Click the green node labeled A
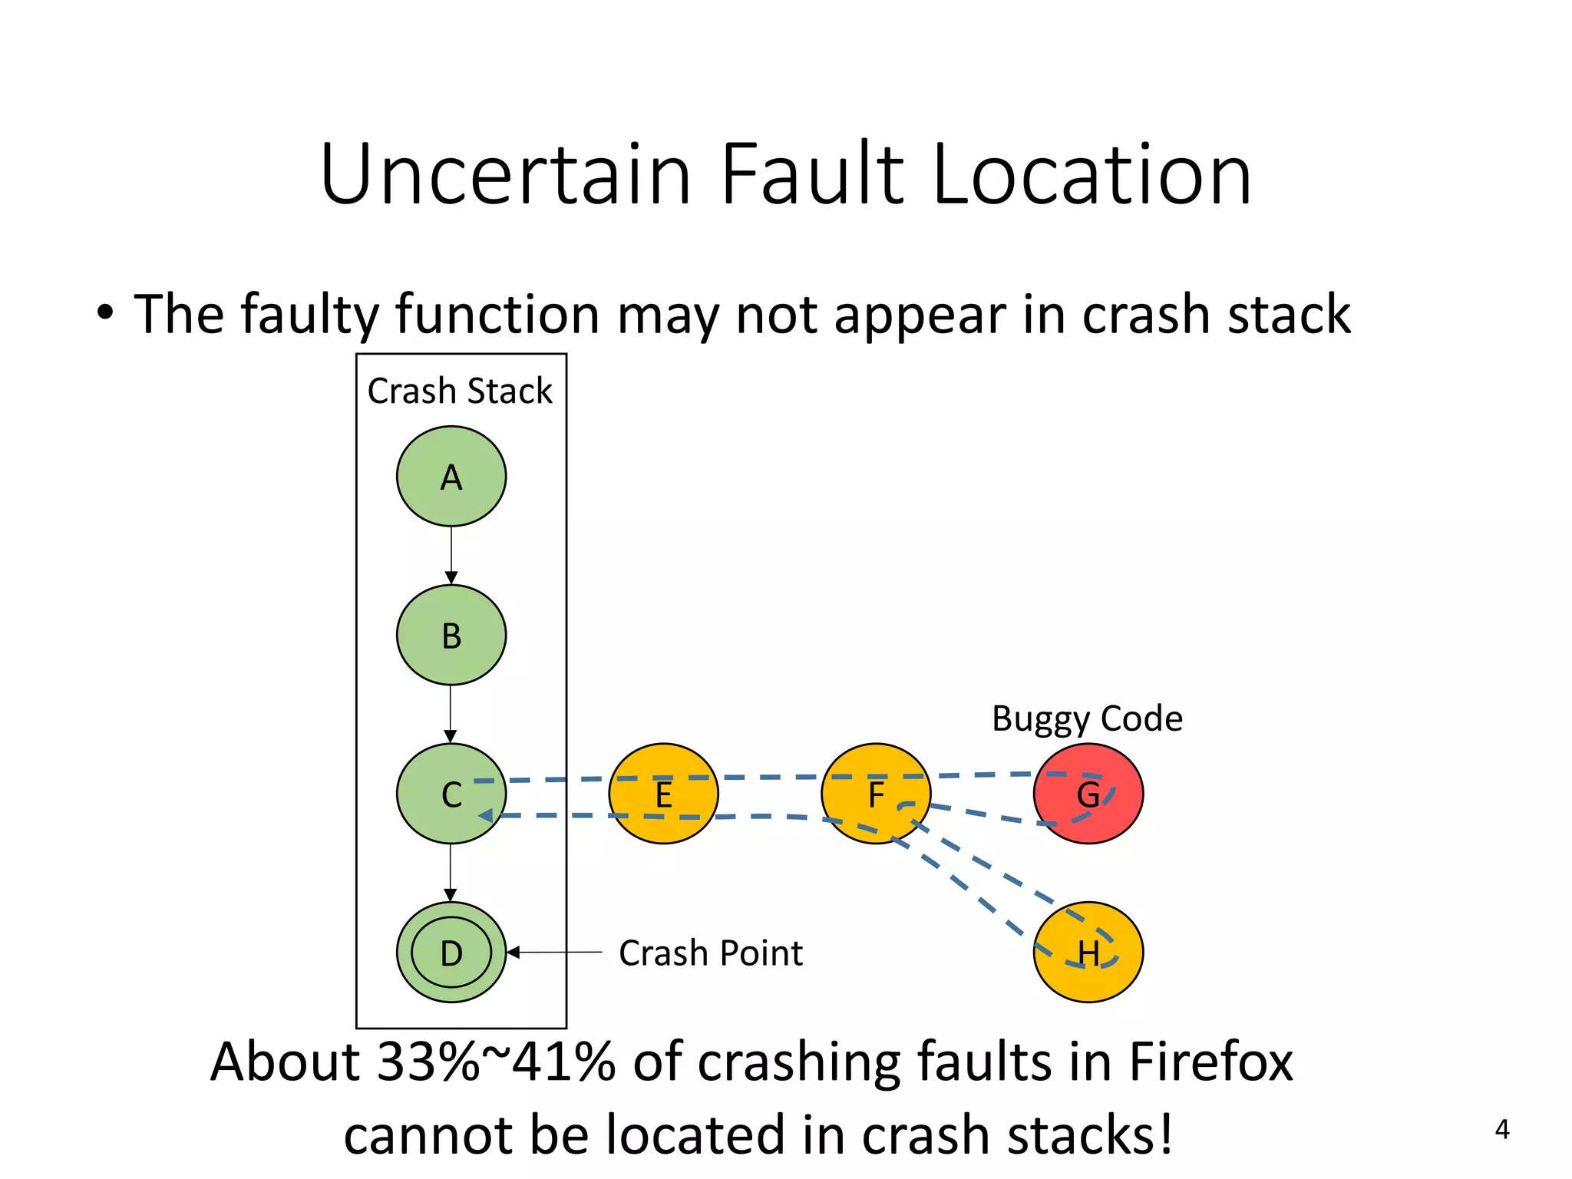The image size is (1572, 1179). point(451,477)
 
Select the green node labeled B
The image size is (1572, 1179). point(451,635)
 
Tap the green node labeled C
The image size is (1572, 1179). point(451,794)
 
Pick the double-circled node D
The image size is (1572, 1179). point(451,952)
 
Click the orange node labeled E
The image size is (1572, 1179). point(663,794)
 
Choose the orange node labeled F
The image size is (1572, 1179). point(876,794)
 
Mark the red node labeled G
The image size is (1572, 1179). point(1088,794)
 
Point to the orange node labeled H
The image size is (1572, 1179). point(1088,952)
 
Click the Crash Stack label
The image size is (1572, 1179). point(460,391)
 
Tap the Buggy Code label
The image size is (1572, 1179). point(1087,718)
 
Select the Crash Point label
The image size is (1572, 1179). point(711,953)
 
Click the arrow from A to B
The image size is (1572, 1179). point(451,556)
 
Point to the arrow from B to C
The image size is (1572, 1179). point(451,714)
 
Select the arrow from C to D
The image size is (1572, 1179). point(451,873)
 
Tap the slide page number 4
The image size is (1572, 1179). point(1502,1129)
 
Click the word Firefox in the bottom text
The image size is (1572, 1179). point(1210,1062)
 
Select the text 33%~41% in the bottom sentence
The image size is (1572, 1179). point(497,1062)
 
